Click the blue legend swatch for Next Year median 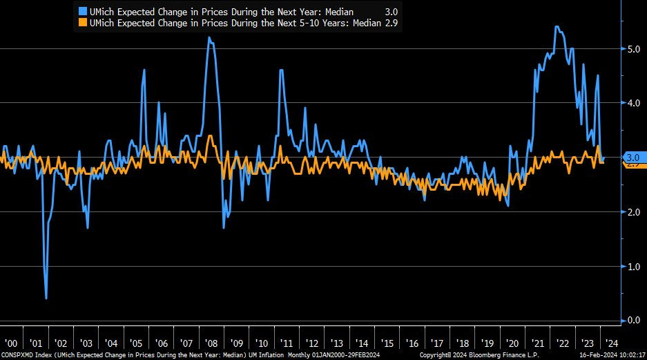pos(83,11)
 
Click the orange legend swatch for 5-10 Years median pos(83,22)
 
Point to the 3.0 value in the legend pos(391,11)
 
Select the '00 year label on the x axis pos(12,343)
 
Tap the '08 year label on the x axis pos(211,343)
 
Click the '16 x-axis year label pos(412,343)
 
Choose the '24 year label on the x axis pos(611,343)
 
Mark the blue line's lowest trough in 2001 pos(46,298)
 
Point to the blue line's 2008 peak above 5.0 pos(209,38)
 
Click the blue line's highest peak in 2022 pos(557,27)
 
